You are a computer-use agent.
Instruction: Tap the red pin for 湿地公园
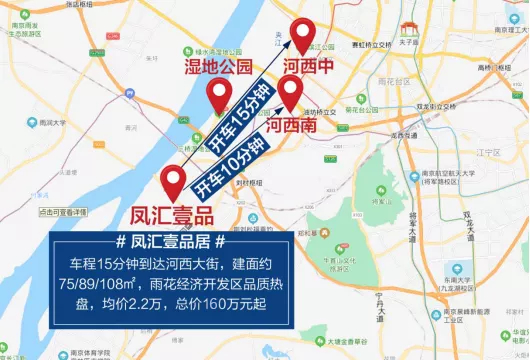tap(219, 96)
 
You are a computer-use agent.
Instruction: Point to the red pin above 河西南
tap(291, 93)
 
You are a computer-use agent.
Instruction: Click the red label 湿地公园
tap(219, 67)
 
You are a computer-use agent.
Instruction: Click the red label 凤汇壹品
tap(173, 213)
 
